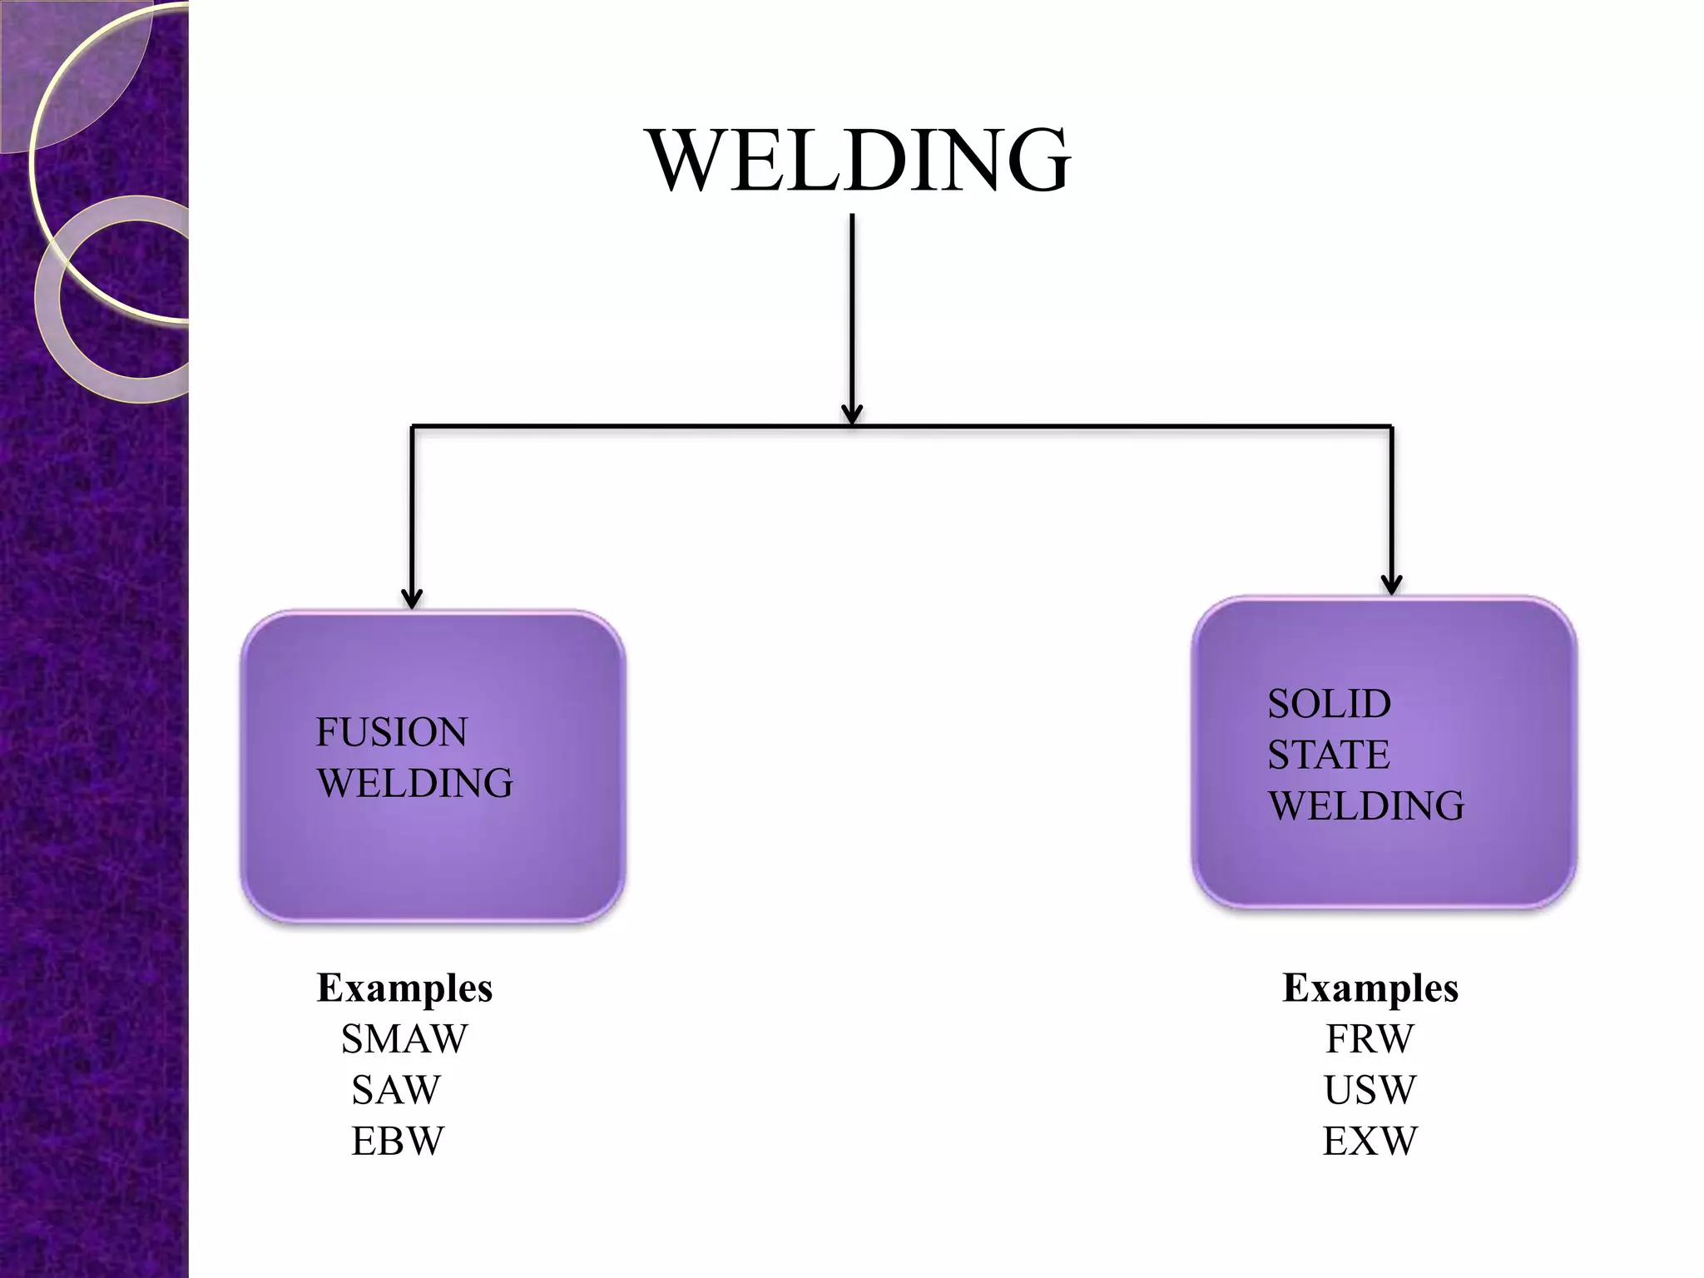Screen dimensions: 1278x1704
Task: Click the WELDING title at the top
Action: click(x=858, y=160)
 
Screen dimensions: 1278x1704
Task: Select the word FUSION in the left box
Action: click(x=391, y=732)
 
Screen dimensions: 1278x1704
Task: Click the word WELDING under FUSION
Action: click(x=414, y=783)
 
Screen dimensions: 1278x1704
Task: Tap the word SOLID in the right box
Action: click(x=1329, y=704)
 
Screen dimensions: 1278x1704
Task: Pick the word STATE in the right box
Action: click(x=1328, y=755)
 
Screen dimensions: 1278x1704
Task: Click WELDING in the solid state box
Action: click(x=1365, y=805)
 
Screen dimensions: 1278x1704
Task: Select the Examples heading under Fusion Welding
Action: click(x=404, y=988)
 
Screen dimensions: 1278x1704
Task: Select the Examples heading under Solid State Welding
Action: click(x=1370, y=988)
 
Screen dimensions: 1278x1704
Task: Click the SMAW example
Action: click(x=404, y=1038)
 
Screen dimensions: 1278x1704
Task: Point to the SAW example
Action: click(x=396, y=1090)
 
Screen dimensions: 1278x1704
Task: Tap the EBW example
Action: click(x=398, y=1141)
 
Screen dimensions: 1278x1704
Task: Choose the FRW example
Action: click(x=1370, y=1038)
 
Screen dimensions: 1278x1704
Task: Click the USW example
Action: click(x=1370, y=1090)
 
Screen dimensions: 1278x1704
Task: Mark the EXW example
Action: click(x=1370, y=1141)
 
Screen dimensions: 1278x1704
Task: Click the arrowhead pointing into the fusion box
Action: click(x=412, y=599)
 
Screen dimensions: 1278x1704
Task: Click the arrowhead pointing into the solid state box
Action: click(x=1391, y=585)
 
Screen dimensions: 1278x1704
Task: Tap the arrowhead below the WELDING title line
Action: click(x=852, y=414)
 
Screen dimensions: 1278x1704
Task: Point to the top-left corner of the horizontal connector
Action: click(x=413, y=427)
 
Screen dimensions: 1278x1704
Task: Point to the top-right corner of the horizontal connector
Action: click(x=1391, y=427)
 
